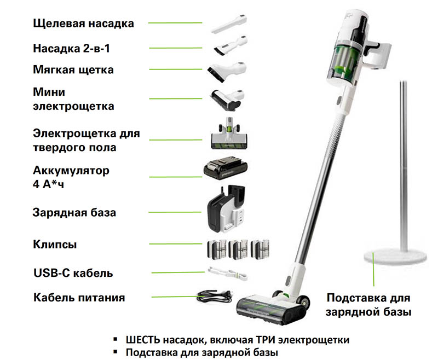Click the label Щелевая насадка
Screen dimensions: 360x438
pos(83,23)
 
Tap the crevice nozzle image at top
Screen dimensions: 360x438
pos(225,24)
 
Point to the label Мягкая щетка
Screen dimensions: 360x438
pos(73,71)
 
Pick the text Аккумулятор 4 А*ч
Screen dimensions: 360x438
pos(71,177)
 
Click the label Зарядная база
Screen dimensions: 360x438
pos(74,212)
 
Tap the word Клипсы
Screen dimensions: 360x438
pos(55,244)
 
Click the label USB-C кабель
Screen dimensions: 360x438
pos(73,272)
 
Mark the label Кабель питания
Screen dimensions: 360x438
pos(79,298)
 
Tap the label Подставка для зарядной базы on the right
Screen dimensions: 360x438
pos(368,305)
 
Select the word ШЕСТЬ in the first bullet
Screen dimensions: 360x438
pos(145,339)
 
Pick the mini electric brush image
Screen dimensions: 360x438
pos(225,98)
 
